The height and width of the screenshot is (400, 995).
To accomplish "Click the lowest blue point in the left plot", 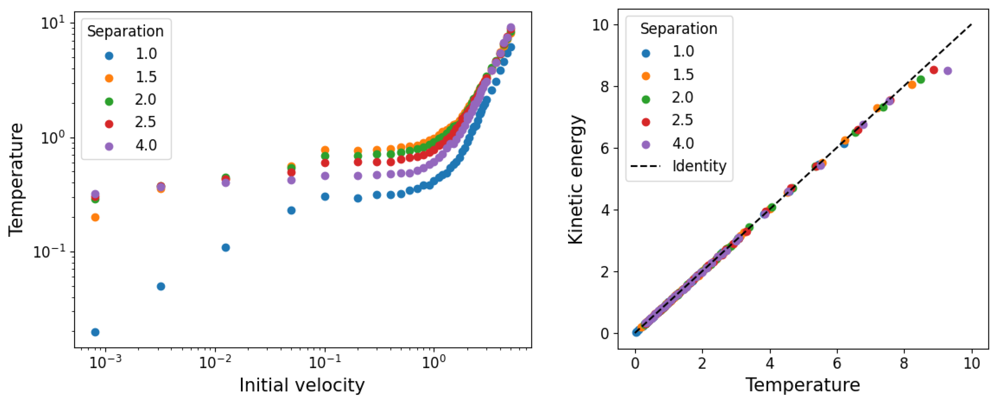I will click(95, 332).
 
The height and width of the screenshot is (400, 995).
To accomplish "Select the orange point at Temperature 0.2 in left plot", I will click(95, 217).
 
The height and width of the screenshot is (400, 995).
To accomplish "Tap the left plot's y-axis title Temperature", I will click(16, 180).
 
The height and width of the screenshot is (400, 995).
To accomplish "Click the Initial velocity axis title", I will click(302, 385).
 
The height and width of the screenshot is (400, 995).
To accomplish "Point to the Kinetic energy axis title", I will click(576, 180).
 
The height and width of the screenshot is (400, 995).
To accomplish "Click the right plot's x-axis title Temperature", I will click(803, 385).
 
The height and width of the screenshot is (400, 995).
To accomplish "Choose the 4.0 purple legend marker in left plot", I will click(109, 147).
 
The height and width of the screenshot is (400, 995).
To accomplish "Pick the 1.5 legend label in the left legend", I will click(146, 77).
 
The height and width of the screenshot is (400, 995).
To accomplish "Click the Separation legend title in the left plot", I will click(125, 31).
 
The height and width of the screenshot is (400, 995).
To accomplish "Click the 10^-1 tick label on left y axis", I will click(49, 252).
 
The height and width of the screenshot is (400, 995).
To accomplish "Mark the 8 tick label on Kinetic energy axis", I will click(605, 86).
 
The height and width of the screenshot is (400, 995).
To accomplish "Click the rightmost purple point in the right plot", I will click(947, 71).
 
